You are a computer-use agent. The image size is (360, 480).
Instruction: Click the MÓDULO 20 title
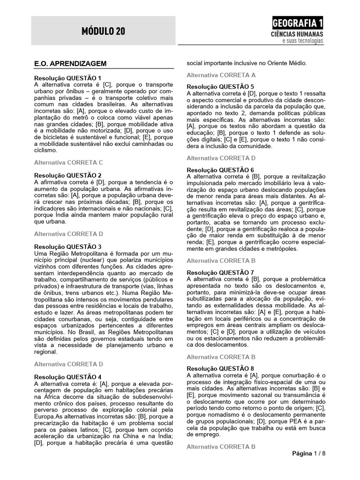click(103, 31)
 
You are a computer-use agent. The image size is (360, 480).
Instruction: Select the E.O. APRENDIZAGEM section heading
click(71, 63)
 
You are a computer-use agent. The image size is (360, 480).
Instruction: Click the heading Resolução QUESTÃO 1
click(68, 78)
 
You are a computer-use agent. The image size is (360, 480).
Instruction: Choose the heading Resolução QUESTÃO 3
click(68, 247)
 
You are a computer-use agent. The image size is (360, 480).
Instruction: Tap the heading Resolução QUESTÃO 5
click(220, 87)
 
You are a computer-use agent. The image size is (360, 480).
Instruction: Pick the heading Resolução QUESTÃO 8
click(220, 369)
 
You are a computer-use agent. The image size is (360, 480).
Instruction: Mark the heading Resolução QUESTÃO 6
click(220, 170)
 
